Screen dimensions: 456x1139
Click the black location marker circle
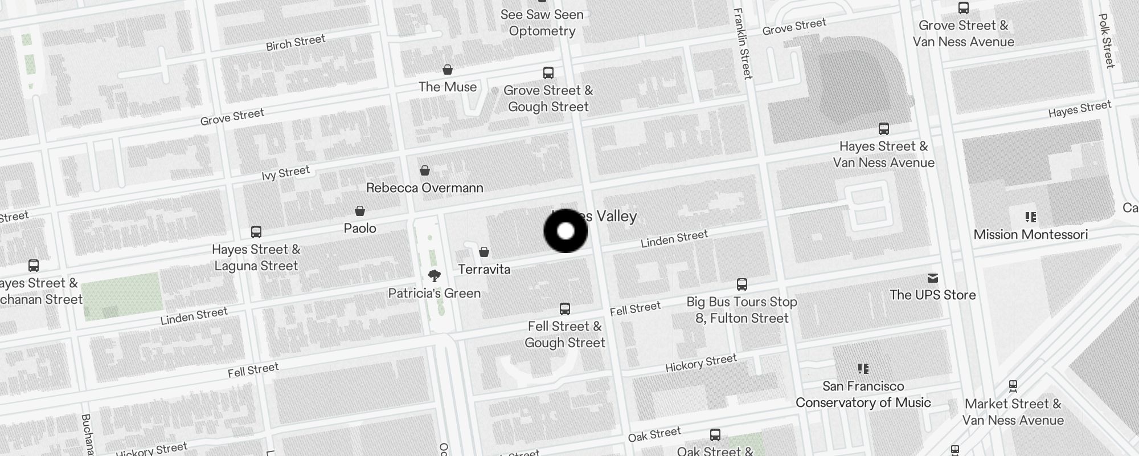(x=566, y=231)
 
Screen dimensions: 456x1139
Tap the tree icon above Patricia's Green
(x=435, y=276)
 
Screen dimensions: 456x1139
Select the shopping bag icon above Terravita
(x=484, y=252)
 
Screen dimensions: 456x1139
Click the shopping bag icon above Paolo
(x=360, y=211)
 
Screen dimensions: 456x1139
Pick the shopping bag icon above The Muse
(x=448, y=70)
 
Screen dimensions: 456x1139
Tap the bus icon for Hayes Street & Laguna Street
(x=256, y=232)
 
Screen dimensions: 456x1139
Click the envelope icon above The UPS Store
(x=933, y=278)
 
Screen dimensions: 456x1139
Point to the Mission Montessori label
(x=1030, y=234)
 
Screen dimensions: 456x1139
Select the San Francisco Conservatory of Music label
(x=863, y=394)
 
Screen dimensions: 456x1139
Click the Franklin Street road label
(x=743, y=43)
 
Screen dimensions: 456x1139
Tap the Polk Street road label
(x=1107, y=41)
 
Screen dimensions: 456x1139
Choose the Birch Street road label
(x=296, y=43)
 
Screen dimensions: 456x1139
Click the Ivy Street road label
(x=286, y=172)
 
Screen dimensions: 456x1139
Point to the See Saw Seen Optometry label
(x=542, y=23)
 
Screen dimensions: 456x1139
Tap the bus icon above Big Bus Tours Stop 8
(x=742, y=284)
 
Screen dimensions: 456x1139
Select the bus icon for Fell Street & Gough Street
(x=565, y=309)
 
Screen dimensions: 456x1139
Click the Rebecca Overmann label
(x=425, y=188)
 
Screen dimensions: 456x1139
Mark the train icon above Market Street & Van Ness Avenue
(x=1013, y=386)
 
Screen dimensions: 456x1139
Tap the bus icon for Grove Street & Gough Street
(x=548, y=73)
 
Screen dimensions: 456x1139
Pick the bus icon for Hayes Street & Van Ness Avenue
(x=884, y=129)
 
